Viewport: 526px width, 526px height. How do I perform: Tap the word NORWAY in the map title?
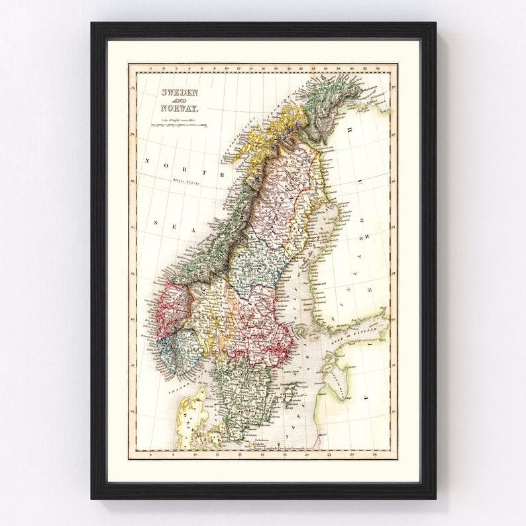[178, 107]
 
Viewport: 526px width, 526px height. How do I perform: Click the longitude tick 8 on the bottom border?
[152, 454]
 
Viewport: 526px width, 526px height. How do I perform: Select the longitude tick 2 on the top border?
[152, 68]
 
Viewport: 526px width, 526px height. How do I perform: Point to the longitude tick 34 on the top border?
[377, 68]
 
